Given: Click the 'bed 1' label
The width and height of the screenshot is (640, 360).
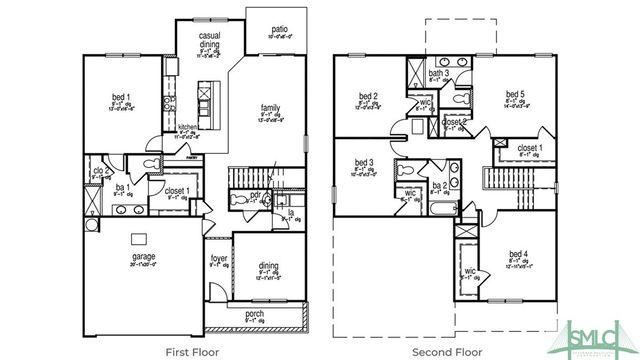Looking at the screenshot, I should click(121, 98).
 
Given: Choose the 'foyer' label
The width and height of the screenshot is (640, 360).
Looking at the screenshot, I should click(218, 259).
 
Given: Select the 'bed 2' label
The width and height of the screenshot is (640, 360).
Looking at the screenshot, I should click(367, 97).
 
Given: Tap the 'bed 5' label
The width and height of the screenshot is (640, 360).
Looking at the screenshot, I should click(517, 96).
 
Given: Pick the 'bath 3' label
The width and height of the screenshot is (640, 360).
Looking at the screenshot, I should click(438, 73).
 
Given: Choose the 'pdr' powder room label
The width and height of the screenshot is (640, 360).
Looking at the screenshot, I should click(256, 195).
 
